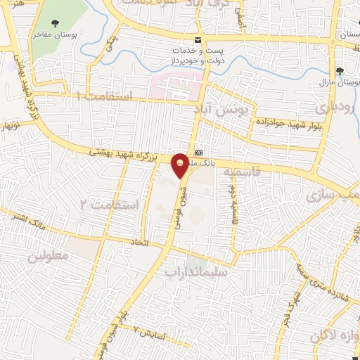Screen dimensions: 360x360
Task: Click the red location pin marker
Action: click(x=181, y=165)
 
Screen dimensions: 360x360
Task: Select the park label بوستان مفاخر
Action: click(x=57, y=34)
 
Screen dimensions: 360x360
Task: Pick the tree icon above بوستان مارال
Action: click(x=340, y=71)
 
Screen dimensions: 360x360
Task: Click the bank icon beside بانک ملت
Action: click(x=199, y=152)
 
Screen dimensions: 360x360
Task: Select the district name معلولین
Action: click(x=49, y=256)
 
